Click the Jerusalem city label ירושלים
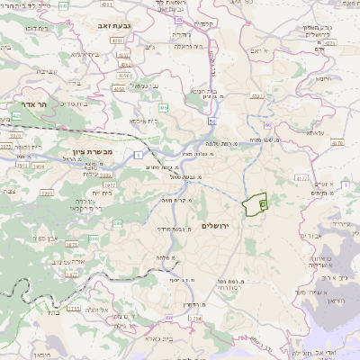pos(217,224)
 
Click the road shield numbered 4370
pos(337,142)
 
